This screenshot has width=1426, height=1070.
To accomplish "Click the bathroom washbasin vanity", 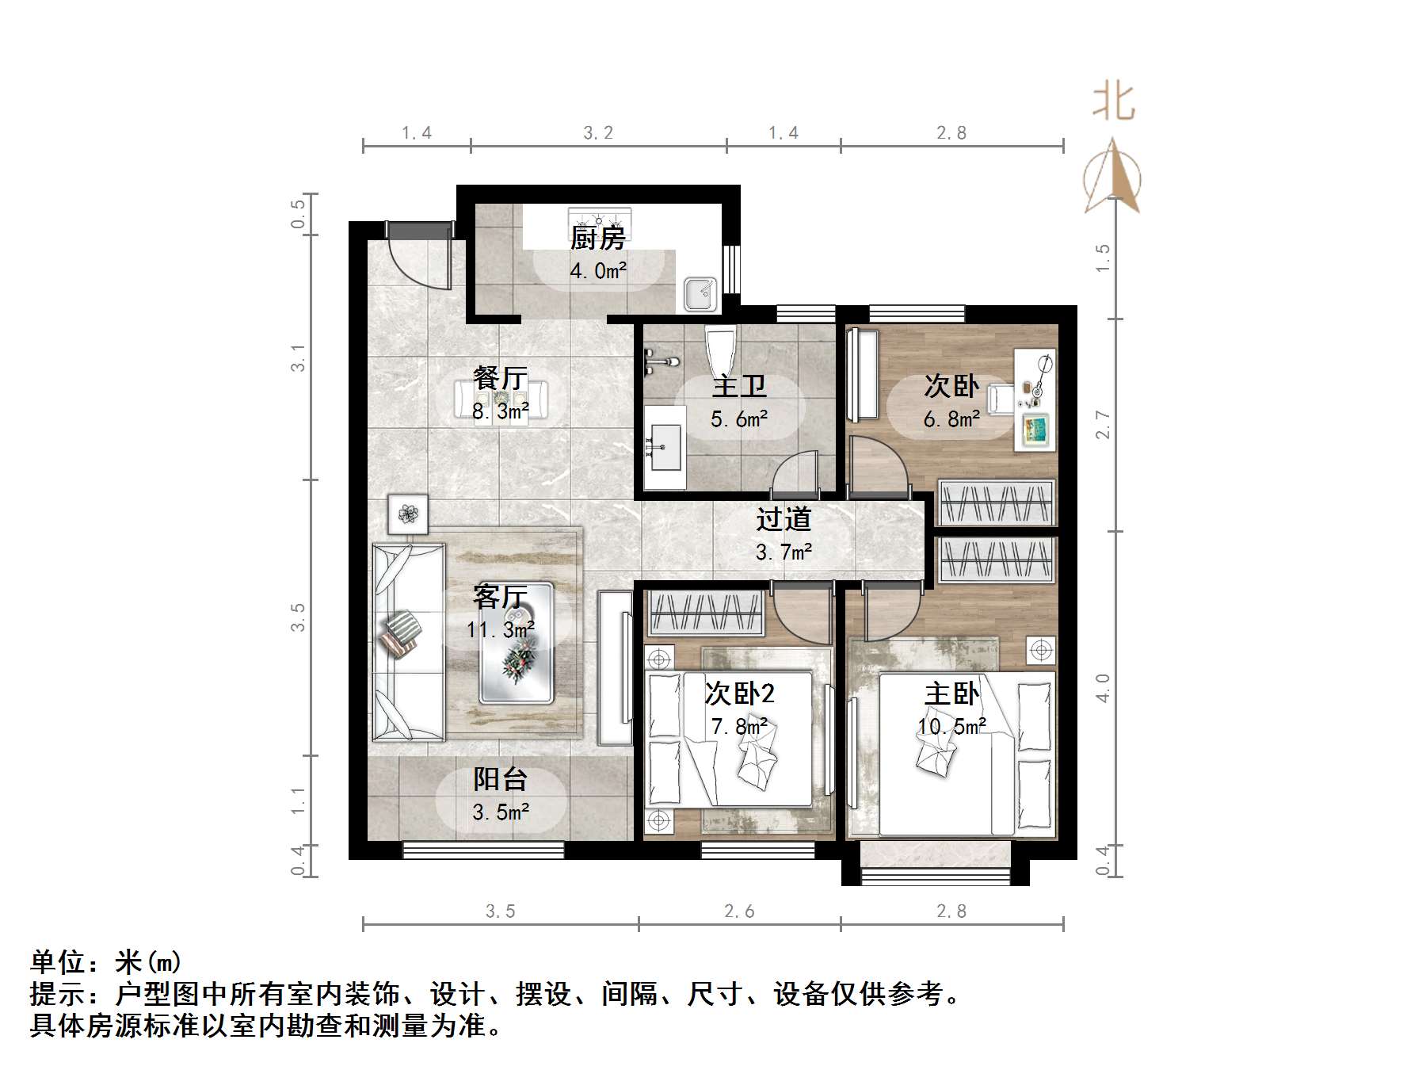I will pyautogui.click(x=664, y=448).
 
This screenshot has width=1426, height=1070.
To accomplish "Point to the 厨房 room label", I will pyautogui.click(x=598, y=238).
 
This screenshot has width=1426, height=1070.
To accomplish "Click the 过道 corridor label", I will pyautogui.click(x=784, y=519).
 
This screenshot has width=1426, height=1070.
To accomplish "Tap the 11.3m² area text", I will pyautogui.click(x=500, y=630).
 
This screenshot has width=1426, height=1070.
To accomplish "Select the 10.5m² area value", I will pyautogui.click(x=951, y=726).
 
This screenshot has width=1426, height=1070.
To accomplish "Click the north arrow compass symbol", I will pyautogui.click(x=1113, y=178).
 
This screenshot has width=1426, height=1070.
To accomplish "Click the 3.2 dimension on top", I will pyautogui.click(x=598, y=133).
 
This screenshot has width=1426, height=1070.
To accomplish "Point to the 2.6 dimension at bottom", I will pyautogui.click(x=739, y=911).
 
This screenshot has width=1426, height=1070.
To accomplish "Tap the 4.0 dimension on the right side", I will pyautogui.click(x=1103, y=688).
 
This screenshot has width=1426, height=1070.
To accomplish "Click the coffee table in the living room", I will pyautogui.click(x=516, y=643).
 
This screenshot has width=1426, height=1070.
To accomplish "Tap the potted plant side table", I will pyautogui.click(x=408, y=514).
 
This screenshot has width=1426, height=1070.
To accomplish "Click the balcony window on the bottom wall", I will pyautogui.click(x=483, y=850).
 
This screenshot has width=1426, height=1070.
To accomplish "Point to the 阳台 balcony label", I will pyautogui.click(x=500, y=779).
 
